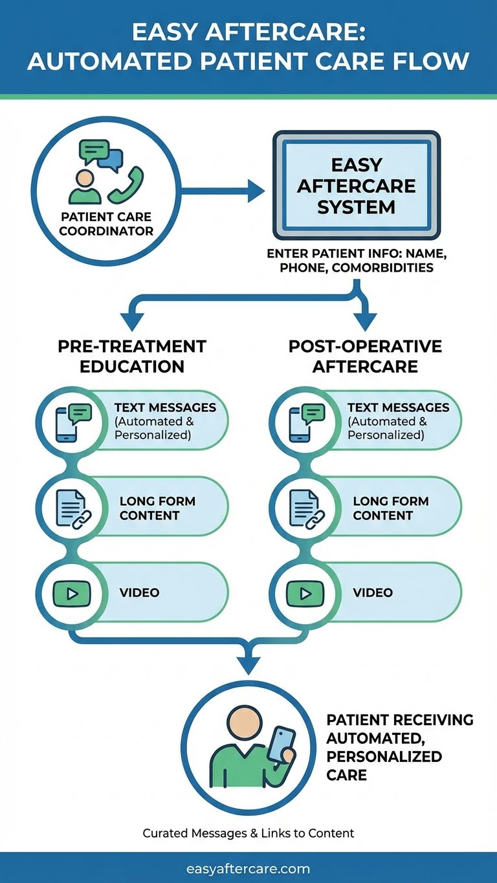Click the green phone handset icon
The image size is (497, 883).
coord(127,184)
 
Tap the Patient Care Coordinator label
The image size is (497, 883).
coord(106,224)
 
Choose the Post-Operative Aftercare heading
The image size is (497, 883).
coord(365,356)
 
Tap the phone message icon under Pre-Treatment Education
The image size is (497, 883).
coord(73,422)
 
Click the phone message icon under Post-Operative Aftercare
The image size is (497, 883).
coord(306,422)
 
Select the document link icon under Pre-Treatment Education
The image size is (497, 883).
coord(73,508)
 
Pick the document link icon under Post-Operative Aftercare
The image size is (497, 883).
coord(306,508)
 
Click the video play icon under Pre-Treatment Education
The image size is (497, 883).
coord(73,593)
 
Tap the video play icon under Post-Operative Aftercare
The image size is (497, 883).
coord(306,593)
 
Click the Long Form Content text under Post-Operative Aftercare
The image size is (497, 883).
coord(390,508)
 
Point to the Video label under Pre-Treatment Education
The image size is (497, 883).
coord(139,593)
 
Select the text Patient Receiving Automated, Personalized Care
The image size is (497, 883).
coord(399,747)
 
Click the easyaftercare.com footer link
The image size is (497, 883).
coord(248,869)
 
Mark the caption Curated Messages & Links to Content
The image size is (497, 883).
coord(248,833)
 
